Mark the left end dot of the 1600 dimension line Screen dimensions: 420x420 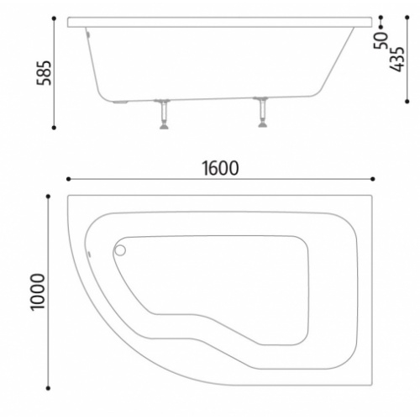pos(68,178)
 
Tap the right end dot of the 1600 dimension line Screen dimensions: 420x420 pos(372,178)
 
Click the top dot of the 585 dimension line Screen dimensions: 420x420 pos(55,17)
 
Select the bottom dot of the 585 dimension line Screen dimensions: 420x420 pos(55,128)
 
